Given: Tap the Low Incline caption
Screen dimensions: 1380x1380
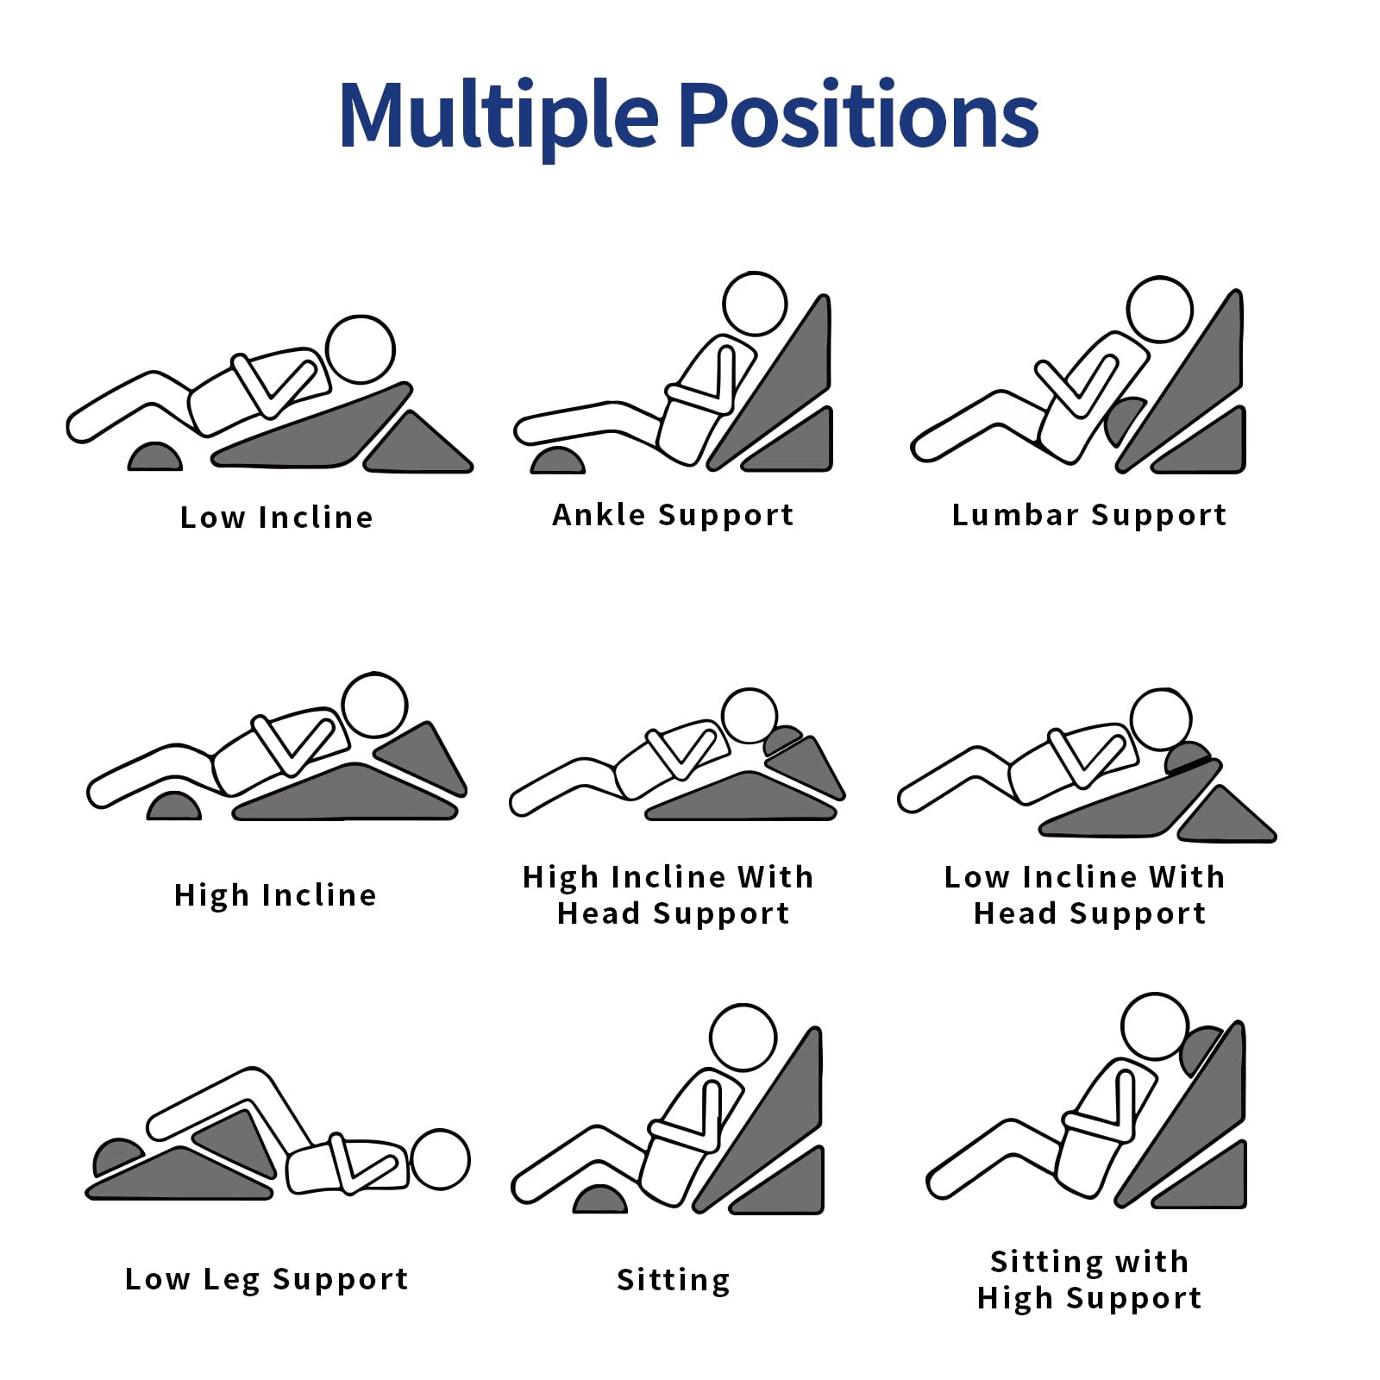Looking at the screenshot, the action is pos(277,517).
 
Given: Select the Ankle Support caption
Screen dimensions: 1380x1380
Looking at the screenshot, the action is pos(673,516).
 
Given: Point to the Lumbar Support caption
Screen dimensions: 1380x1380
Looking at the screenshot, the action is pos(1089,516).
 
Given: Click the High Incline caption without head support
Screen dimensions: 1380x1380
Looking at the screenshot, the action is pos(275,895).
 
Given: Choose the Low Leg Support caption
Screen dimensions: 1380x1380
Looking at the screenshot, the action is pos(267,1279).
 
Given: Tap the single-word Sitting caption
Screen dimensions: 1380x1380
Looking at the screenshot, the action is pos(674,1280).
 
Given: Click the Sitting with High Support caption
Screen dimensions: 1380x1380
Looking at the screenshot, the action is pos(1089,1279).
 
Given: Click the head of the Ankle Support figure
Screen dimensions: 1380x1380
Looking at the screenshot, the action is pos(755,304).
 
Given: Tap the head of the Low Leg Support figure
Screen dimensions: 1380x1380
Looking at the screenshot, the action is pos(440,1159).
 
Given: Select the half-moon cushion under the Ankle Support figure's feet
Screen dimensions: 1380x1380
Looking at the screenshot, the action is pos(557,461).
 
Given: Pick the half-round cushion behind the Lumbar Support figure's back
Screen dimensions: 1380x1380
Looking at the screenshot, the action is pos(1125,420).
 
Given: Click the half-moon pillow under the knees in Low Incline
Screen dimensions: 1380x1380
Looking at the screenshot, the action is pos(154,457).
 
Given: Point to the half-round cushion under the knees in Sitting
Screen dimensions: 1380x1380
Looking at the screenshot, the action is pos(600,1199).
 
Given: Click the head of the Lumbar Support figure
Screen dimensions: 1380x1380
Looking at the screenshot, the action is pos(1160,309).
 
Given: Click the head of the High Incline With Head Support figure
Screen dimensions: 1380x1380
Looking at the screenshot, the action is pos(750,716).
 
